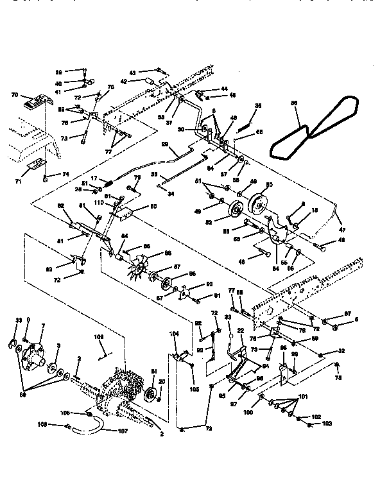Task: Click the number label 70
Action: [x=14, y=95]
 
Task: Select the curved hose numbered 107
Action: [x=95, y=421]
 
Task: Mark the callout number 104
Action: [x=173, y=334]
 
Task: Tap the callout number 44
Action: [x=224, y=89]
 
